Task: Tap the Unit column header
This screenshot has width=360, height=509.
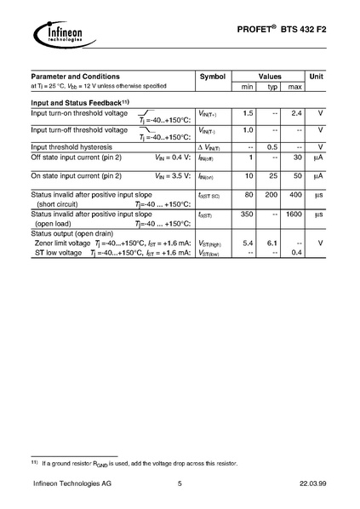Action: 317,76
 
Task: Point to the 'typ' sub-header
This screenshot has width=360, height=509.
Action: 272,87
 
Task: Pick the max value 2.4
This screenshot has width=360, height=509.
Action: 296,113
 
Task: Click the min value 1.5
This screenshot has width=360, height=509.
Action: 248,113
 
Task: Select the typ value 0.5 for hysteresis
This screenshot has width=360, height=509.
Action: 272,146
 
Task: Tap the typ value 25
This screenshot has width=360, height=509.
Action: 272,175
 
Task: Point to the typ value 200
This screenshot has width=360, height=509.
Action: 272,194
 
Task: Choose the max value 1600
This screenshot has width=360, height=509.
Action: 294,214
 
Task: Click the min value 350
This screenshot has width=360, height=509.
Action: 248,214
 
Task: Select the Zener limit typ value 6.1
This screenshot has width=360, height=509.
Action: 272,243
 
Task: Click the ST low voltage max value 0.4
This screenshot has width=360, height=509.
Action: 296,252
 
